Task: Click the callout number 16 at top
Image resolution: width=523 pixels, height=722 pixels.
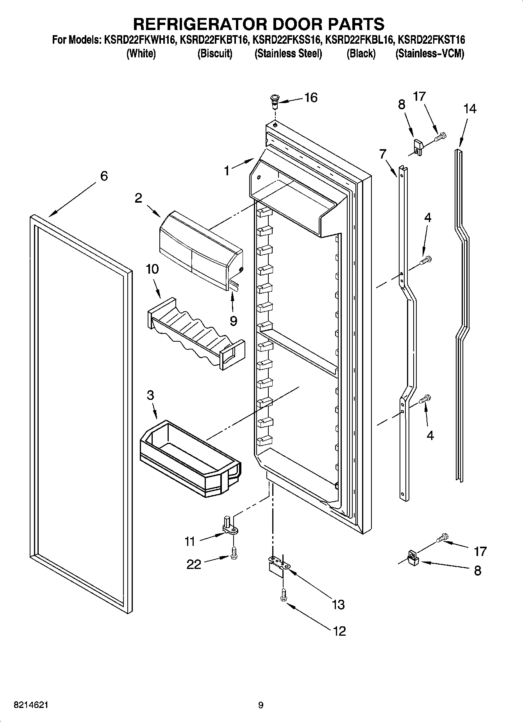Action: click(x=311, y=98)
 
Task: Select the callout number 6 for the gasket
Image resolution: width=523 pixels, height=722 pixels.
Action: click(x=104, y=176)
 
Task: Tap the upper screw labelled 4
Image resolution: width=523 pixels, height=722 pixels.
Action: click(x=426, y=259)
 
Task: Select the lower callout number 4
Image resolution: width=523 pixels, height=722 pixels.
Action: click(x=430, y=435)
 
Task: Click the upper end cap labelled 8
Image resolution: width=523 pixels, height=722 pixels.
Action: click(x=418, y=148)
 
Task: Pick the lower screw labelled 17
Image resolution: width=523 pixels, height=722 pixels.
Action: click(x=442, y=538)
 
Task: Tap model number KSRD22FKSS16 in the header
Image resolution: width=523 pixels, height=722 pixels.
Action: click(x=287, y=40)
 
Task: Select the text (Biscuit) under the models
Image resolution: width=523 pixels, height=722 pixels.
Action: click(x=214, y=53)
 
